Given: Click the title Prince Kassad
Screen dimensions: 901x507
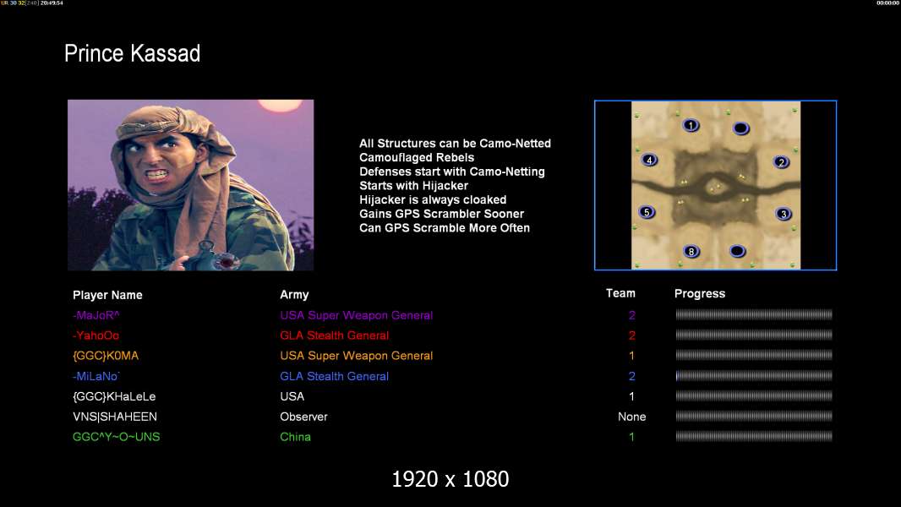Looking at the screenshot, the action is [132, 53].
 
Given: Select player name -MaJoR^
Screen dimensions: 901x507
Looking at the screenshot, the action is [96, 315].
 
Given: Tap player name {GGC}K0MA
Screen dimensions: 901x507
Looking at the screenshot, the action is [106, 356].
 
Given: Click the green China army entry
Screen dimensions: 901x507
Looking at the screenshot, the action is [295, 437].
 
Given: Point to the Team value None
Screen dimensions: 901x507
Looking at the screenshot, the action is [631, 417].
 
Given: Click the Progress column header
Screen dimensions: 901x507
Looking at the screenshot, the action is [700, 293].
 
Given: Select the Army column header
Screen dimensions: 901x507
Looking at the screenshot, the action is [294, 295].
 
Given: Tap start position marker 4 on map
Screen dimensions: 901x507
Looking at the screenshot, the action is [649, 161].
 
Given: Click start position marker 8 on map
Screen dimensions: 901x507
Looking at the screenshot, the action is [691, 252].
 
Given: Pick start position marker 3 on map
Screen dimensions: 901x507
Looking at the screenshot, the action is [784, 214].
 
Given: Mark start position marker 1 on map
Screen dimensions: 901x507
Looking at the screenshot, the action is [691, 125].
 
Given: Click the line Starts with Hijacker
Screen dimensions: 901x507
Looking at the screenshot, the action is [413, 185].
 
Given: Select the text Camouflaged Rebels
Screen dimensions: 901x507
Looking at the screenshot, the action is [417, 157].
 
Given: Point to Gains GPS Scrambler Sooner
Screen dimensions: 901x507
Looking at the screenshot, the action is [441, 214].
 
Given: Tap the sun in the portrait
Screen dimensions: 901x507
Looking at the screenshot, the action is [280, 105].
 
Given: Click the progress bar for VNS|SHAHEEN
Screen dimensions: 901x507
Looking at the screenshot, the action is [754, 417].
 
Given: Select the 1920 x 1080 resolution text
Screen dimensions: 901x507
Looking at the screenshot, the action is [450, 479].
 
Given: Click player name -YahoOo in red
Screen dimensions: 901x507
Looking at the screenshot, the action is [96, 335].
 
